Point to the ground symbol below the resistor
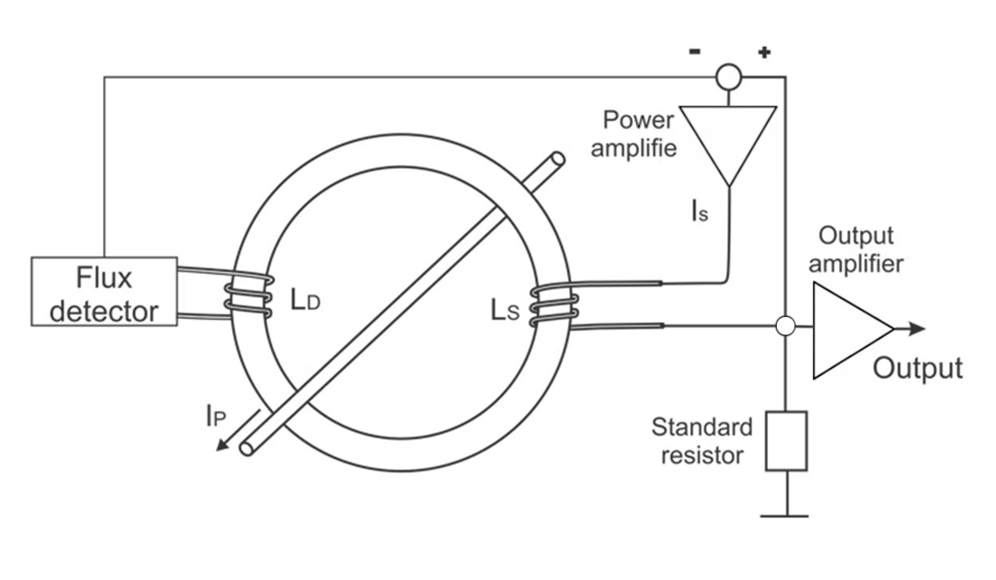[784, 515]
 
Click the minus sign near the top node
[695, 52]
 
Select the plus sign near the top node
[764, 53]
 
